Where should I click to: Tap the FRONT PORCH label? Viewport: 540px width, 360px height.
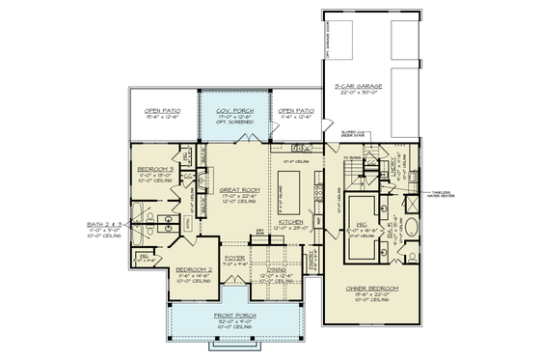pyautogui.click(x=234, y=317)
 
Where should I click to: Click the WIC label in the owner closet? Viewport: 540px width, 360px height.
pyautogui.click(x=364, y=229)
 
